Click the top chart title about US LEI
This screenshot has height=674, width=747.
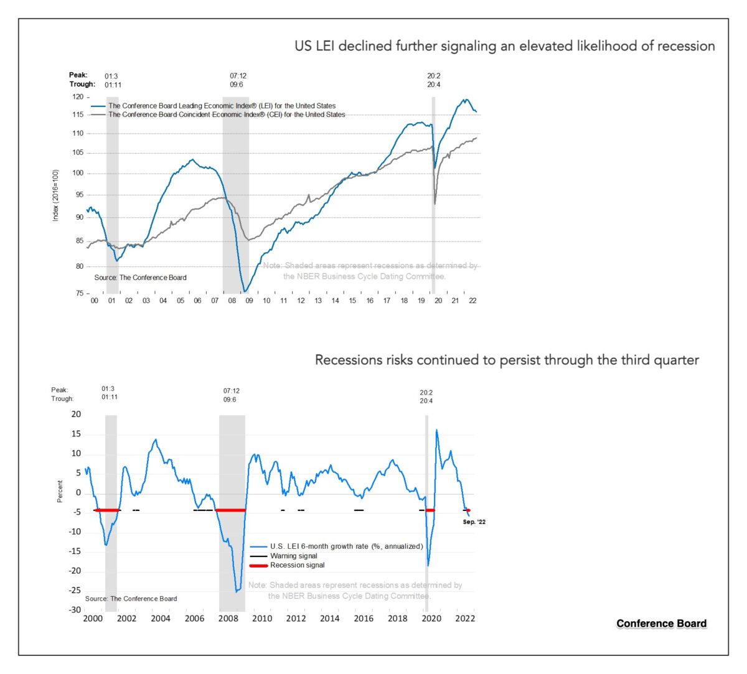[504, 46]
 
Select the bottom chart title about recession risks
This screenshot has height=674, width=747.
[507, 360]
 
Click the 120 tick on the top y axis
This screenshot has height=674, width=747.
[78, 97]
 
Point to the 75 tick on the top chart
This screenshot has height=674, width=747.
[79, 293]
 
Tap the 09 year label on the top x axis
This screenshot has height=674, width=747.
[249, 301]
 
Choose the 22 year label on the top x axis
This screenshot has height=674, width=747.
[472, 301]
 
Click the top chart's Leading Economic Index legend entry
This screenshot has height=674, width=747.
[222, 106]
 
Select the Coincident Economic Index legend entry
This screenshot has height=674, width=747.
[226, 115]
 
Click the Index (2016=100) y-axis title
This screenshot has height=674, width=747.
[55, 195]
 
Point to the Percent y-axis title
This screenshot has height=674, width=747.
[60, 491]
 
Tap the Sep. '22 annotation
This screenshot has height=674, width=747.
[474, 522]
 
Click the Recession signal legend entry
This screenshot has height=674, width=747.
[297, 565]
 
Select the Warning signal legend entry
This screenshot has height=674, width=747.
[293, 556]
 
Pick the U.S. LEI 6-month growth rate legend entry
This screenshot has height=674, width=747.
[346, 546]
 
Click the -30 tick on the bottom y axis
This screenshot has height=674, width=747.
[75, 610]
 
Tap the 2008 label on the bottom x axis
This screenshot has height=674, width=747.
[228, 619]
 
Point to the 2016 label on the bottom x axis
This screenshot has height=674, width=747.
[364, 619]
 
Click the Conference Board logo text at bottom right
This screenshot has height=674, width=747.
[661, 624]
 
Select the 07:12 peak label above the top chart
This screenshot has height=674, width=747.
[238, 76]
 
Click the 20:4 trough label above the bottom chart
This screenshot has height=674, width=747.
[426, 401]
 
